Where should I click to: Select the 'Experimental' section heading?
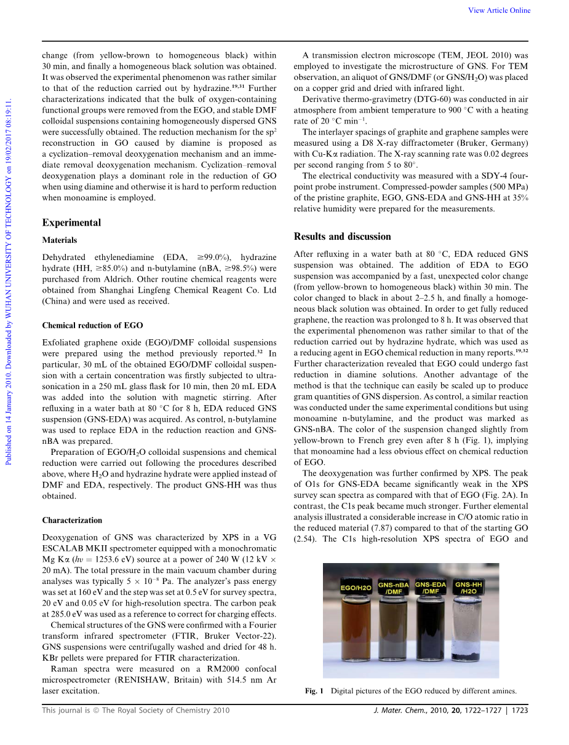71,223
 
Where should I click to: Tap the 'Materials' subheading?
60,240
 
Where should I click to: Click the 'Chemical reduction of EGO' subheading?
92,326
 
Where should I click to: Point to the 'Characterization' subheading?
72,521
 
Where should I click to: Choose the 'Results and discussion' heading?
342,237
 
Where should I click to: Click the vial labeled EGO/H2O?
356,621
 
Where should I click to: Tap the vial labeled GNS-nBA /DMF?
394,621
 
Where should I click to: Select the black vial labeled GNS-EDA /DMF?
431,621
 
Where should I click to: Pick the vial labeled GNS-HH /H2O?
469,621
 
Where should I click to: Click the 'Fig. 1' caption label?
314,691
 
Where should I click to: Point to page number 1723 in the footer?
519,711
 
